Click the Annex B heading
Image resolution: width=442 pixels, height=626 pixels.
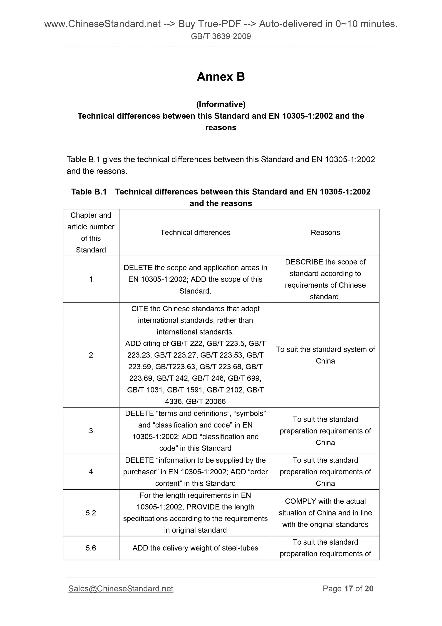(x=221, y=77)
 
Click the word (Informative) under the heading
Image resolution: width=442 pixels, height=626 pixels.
(x=221, y=104)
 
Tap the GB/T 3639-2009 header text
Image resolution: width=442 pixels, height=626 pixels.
(x=221, y=36)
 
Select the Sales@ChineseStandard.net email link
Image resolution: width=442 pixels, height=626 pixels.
(x=121, y=589)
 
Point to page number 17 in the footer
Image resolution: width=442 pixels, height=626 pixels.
(x=349, y=589)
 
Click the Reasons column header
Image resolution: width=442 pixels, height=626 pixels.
(x=325, y=233)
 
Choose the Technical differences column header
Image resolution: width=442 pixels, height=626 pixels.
(x=195, y=233)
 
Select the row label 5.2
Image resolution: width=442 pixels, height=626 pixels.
(x=91, y=513)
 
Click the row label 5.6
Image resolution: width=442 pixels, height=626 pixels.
(x=91, y=548)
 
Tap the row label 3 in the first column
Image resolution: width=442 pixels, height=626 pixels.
(x=91, y=431)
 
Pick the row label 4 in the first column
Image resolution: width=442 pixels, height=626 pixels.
(x=91, y=472)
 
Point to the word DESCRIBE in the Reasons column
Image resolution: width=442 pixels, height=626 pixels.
(x=304, y=262)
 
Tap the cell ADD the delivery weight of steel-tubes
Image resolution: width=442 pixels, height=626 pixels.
(x=195, y=548)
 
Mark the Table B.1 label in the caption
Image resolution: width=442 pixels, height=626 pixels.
(x=89, y=192)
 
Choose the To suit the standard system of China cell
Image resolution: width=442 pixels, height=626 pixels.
(x=325, y=355)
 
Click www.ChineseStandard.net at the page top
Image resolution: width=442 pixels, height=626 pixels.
(x=102, y=24)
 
